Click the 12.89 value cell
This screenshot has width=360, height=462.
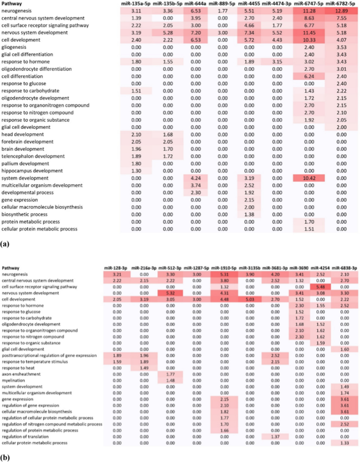tap(341, 10)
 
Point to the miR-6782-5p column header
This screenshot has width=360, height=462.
tap(340, 4)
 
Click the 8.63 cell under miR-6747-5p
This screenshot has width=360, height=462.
tap(309, 18)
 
